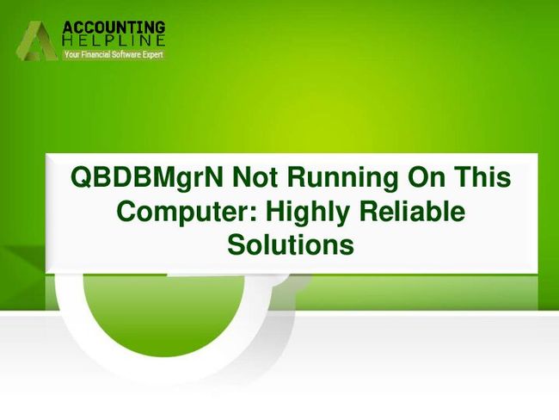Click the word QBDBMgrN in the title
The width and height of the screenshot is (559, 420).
[x=147, y=178]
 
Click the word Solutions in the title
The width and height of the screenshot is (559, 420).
[x=291, y=244]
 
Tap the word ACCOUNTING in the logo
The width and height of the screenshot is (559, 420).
[x=114, y=28]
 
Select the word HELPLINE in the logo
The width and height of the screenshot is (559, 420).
[x=114, y=40]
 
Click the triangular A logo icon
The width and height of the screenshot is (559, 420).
[x=37, y=40]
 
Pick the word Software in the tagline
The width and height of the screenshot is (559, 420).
[x=126, y=54]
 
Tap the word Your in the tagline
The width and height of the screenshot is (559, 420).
[x=71, y=54]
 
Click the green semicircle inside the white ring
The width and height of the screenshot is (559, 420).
[x=163, y=314]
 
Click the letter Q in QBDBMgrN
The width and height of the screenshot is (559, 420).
[x=83, y=177]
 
